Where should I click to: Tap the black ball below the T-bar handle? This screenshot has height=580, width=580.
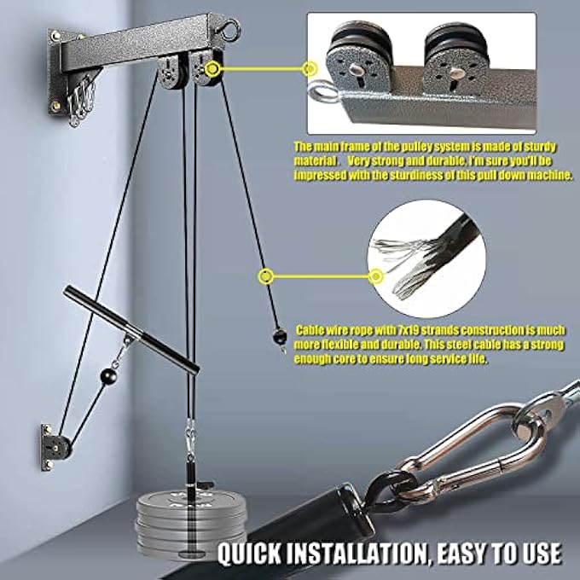pyautogui.click(x=108, y=376)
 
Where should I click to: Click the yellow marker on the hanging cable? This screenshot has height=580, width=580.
pyautogui.click(x=266, y=275)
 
